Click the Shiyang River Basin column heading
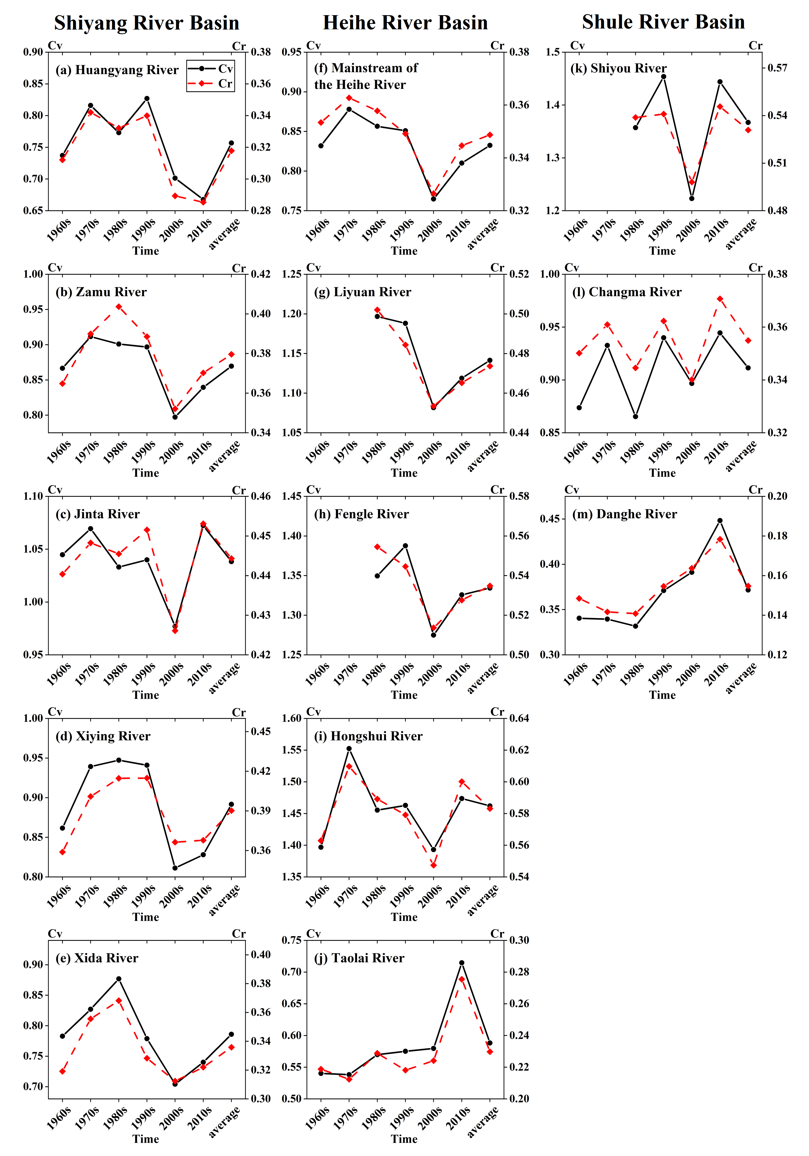pyautogui.click(x=146, y=23)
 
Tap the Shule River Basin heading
pyautogui.click(x=663, y=22)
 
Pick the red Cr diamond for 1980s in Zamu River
pyautogui.click(x=119, y=307)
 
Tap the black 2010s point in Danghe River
pyautogui.click(x=720, y=521)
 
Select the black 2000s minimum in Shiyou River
pyautogui.click(x=692, y=198)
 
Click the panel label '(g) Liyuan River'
pyautogui.click(x=362, y=292)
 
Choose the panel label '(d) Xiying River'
pyautogui.click(x=103, y=736)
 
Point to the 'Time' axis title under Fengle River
pyautogui.click(x=404, y=695)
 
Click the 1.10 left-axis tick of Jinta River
pyautogui.click(x=33, y=496)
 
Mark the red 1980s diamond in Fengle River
pyautogui.click(x=377, y=547)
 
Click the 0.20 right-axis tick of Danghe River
pyautogui.click(x=777, y=496)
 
